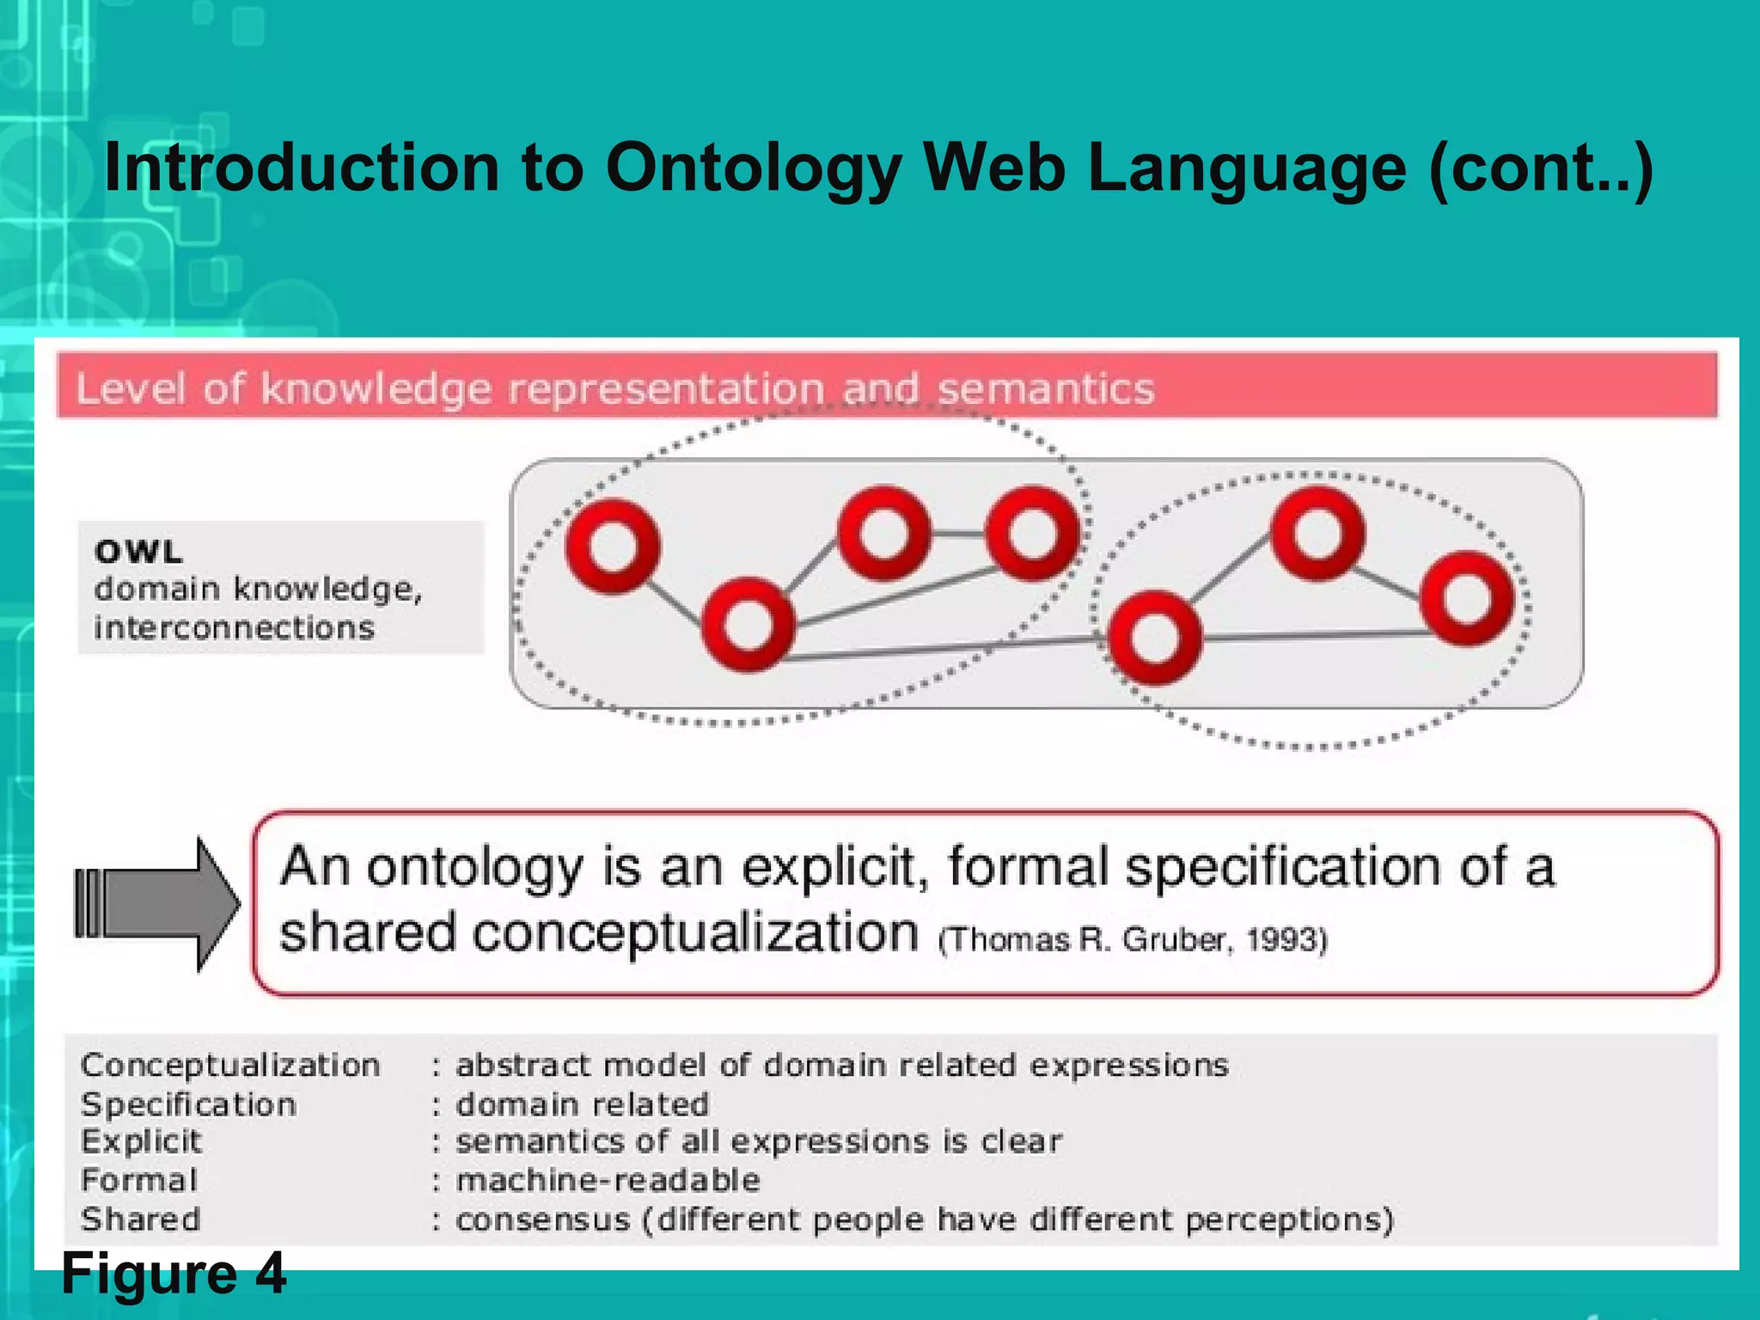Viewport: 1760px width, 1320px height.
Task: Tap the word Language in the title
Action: tap(1245, 168)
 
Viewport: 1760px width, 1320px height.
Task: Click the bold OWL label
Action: tap(139, 552)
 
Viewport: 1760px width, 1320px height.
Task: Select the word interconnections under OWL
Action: tap(234, 628)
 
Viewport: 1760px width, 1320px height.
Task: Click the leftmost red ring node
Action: tap(613, 547)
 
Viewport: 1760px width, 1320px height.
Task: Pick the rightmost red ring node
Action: tap(1466, 598)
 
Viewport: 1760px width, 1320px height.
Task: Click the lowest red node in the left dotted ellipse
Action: tap(748, 625)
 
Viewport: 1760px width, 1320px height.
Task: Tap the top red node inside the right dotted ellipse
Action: tap(1317, 533)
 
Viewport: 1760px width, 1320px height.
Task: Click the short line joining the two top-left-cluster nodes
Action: tap(958, 534)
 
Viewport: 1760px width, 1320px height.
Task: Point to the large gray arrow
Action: tap(159, 904)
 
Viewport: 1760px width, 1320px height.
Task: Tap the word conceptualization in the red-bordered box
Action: tap(696, 933)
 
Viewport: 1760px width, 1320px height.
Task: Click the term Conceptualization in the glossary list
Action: tap(230, 1066)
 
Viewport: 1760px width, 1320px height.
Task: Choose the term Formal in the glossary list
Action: tap(139, 1181)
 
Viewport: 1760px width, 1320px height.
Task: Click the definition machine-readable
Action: tap(608, 1181)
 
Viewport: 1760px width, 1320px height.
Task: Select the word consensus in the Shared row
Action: tap(543, 1220)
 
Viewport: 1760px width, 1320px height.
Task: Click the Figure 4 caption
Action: tap(174, 1274)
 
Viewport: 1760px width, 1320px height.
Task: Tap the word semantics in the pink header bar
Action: tap(1045, 388)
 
